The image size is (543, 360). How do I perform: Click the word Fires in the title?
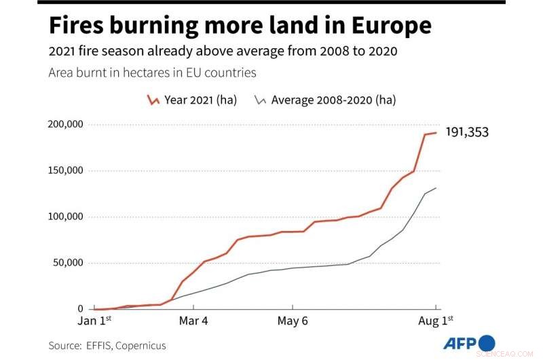coord(78,25)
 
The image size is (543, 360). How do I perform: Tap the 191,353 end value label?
coord(466,132)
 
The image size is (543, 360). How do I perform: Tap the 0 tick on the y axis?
coord(79,308)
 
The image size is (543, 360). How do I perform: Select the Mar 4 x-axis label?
coord(194,320)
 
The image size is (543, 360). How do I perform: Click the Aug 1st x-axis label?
coord(436,320)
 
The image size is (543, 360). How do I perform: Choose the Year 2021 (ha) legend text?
coord(200,100)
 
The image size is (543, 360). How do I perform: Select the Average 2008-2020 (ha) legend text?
coord(333,100)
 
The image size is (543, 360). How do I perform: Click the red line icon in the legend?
coord(153,101)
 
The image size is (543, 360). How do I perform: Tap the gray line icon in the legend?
coord(260,101)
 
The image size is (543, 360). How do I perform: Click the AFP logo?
coord(468,343)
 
